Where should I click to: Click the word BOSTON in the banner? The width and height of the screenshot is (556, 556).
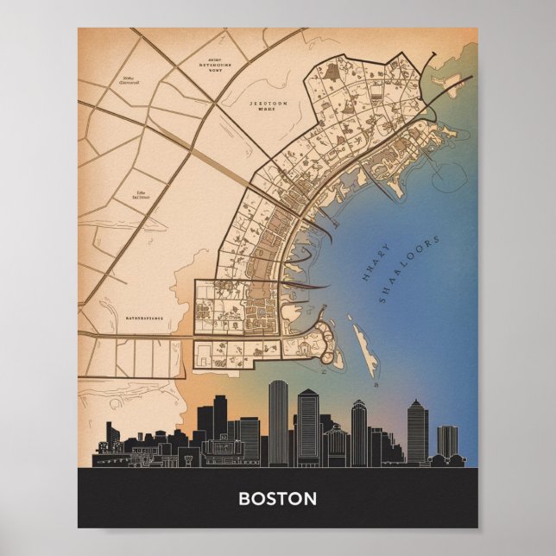tap(277, 498)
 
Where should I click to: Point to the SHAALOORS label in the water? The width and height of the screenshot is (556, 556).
tap(409, 269)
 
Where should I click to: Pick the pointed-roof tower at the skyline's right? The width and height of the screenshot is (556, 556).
tap(417, 430)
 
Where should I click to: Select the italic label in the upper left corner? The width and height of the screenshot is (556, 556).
tap(129, 83)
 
